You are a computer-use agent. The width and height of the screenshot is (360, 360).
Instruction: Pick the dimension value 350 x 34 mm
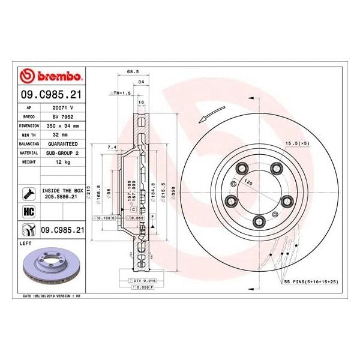(62, 126)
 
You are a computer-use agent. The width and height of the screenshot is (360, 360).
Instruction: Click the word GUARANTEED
(62, 145)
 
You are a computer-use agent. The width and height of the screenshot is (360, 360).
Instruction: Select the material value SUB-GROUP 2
(62, 154)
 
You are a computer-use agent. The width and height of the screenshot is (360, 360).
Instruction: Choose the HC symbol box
(28, 211)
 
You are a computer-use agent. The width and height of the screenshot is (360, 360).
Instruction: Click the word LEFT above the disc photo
(26, 244)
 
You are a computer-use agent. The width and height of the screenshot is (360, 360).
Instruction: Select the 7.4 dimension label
(112, 146)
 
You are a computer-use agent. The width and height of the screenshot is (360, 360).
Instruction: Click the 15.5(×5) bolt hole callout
(298, 143)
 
